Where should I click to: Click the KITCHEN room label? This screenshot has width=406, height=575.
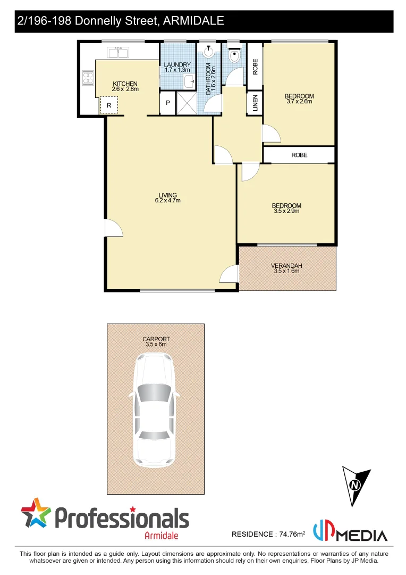click(125, 84)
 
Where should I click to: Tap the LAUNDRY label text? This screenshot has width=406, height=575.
click(177, 65)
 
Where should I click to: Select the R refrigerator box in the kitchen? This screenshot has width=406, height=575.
click(109, 106)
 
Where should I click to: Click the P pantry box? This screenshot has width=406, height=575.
click(167, 103)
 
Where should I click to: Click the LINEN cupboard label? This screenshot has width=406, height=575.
click(255, 103)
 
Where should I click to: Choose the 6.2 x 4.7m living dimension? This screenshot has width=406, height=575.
click(168, 201)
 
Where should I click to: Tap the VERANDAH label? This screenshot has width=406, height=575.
click(286, 265)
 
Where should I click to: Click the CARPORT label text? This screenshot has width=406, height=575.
click(156, 339)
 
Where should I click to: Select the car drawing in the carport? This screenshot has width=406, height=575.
click(154, 410)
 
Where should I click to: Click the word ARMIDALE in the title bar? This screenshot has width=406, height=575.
click(193, 21)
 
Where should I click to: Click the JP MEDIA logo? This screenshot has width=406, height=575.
click(349, 532)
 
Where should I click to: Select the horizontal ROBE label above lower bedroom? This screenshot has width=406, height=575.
click(299, 155)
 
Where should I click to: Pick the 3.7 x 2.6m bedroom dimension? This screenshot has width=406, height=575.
click(299, 101)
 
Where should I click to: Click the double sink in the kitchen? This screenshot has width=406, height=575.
click(118, 52)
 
